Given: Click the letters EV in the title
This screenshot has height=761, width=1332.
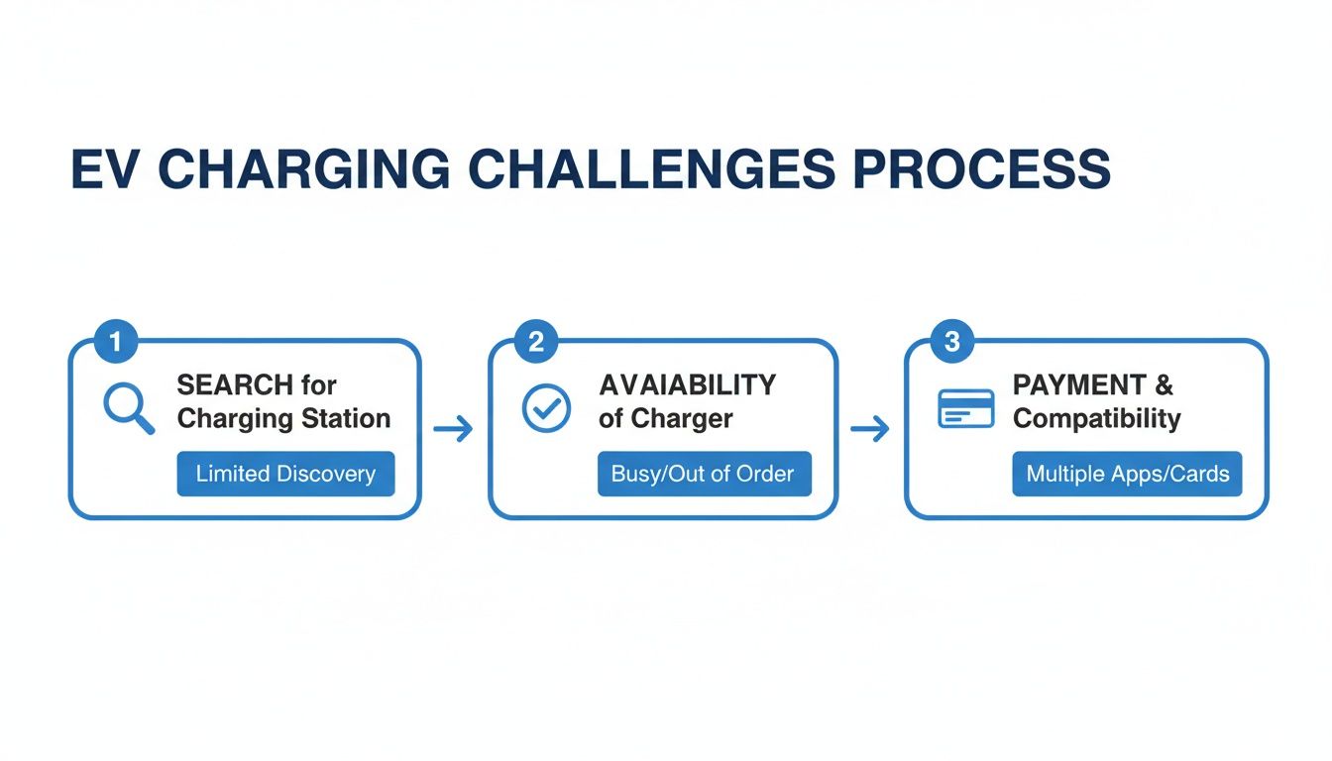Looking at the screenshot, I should (x=105, y=170).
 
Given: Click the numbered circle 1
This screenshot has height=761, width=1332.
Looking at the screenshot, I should (x=115, y=343).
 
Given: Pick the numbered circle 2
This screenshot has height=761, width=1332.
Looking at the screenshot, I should (x=536, y=343).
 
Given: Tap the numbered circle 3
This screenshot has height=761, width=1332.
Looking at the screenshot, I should (x=952, y=343).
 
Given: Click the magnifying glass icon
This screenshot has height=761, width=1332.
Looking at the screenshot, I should (x=129, y=409).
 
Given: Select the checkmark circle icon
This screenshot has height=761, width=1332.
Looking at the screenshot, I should (x=546, y=408).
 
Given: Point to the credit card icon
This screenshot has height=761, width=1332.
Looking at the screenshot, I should (x=965, y=408).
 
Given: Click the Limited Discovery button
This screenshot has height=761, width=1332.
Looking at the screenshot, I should (x=285, y=474).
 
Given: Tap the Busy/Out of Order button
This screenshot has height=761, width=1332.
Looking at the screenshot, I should (x=704, y=474).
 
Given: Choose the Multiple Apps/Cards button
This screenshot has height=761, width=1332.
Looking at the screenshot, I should (x=1127, y=474).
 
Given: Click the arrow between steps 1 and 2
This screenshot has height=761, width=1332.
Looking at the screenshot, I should (x=454, y=429).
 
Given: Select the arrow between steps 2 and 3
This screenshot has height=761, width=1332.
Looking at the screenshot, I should (x=870, y=429).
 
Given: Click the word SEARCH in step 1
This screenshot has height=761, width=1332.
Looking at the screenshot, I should (x=235, y=385).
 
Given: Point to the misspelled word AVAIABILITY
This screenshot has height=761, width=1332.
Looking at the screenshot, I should (x=687, y=385).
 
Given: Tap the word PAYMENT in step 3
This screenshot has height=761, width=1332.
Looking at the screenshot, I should (x=1065, y=385).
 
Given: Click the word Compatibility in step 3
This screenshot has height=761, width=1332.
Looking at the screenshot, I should (x=1096, y=419).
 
